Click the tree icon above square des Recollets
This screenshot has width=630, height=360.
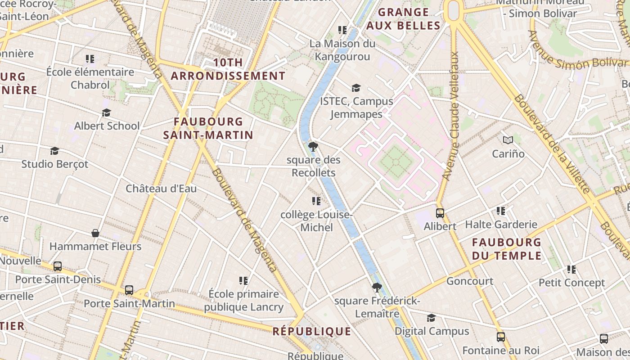[313, 146]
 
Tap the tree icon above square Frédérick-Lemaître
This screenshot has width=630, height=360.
[377, 287]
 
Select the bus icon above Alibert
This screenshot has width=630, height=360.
[440, 213]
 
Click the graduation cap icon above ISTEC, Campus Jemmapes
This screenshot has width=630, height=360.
[356, 88]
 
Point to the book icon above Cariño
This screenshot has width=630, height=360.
[508, 140]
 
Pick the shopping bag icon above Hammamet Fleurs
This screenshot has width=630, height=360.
[95, 233]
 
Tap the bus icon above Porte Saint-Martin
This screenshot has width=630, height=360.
[129, 290]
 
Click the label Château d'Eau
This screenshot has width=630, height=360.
[161, 189]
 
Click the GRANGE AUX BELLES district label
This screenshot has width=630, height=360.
[403, 19]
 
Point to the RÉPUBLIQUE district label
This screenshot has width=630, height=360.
[312, 332]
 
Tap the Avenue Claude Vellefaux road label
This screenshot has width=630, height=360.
[451, 116]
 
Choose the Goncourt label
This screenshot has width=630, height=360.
[470, 281]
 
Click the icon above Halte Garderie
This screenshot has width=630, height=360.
[501, 211]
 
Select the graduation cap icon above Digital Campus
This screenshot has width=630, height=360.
[431, 318]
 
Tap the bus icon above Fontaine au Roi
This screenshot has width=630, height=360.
[500, 337]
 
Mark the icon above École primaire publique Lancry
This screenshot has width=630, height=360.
[243, 281]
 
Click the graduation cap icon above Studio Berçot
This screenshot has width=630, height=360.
[55, 151]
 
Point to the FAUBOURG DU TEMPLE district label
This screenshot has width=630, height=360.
[507, 249]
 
